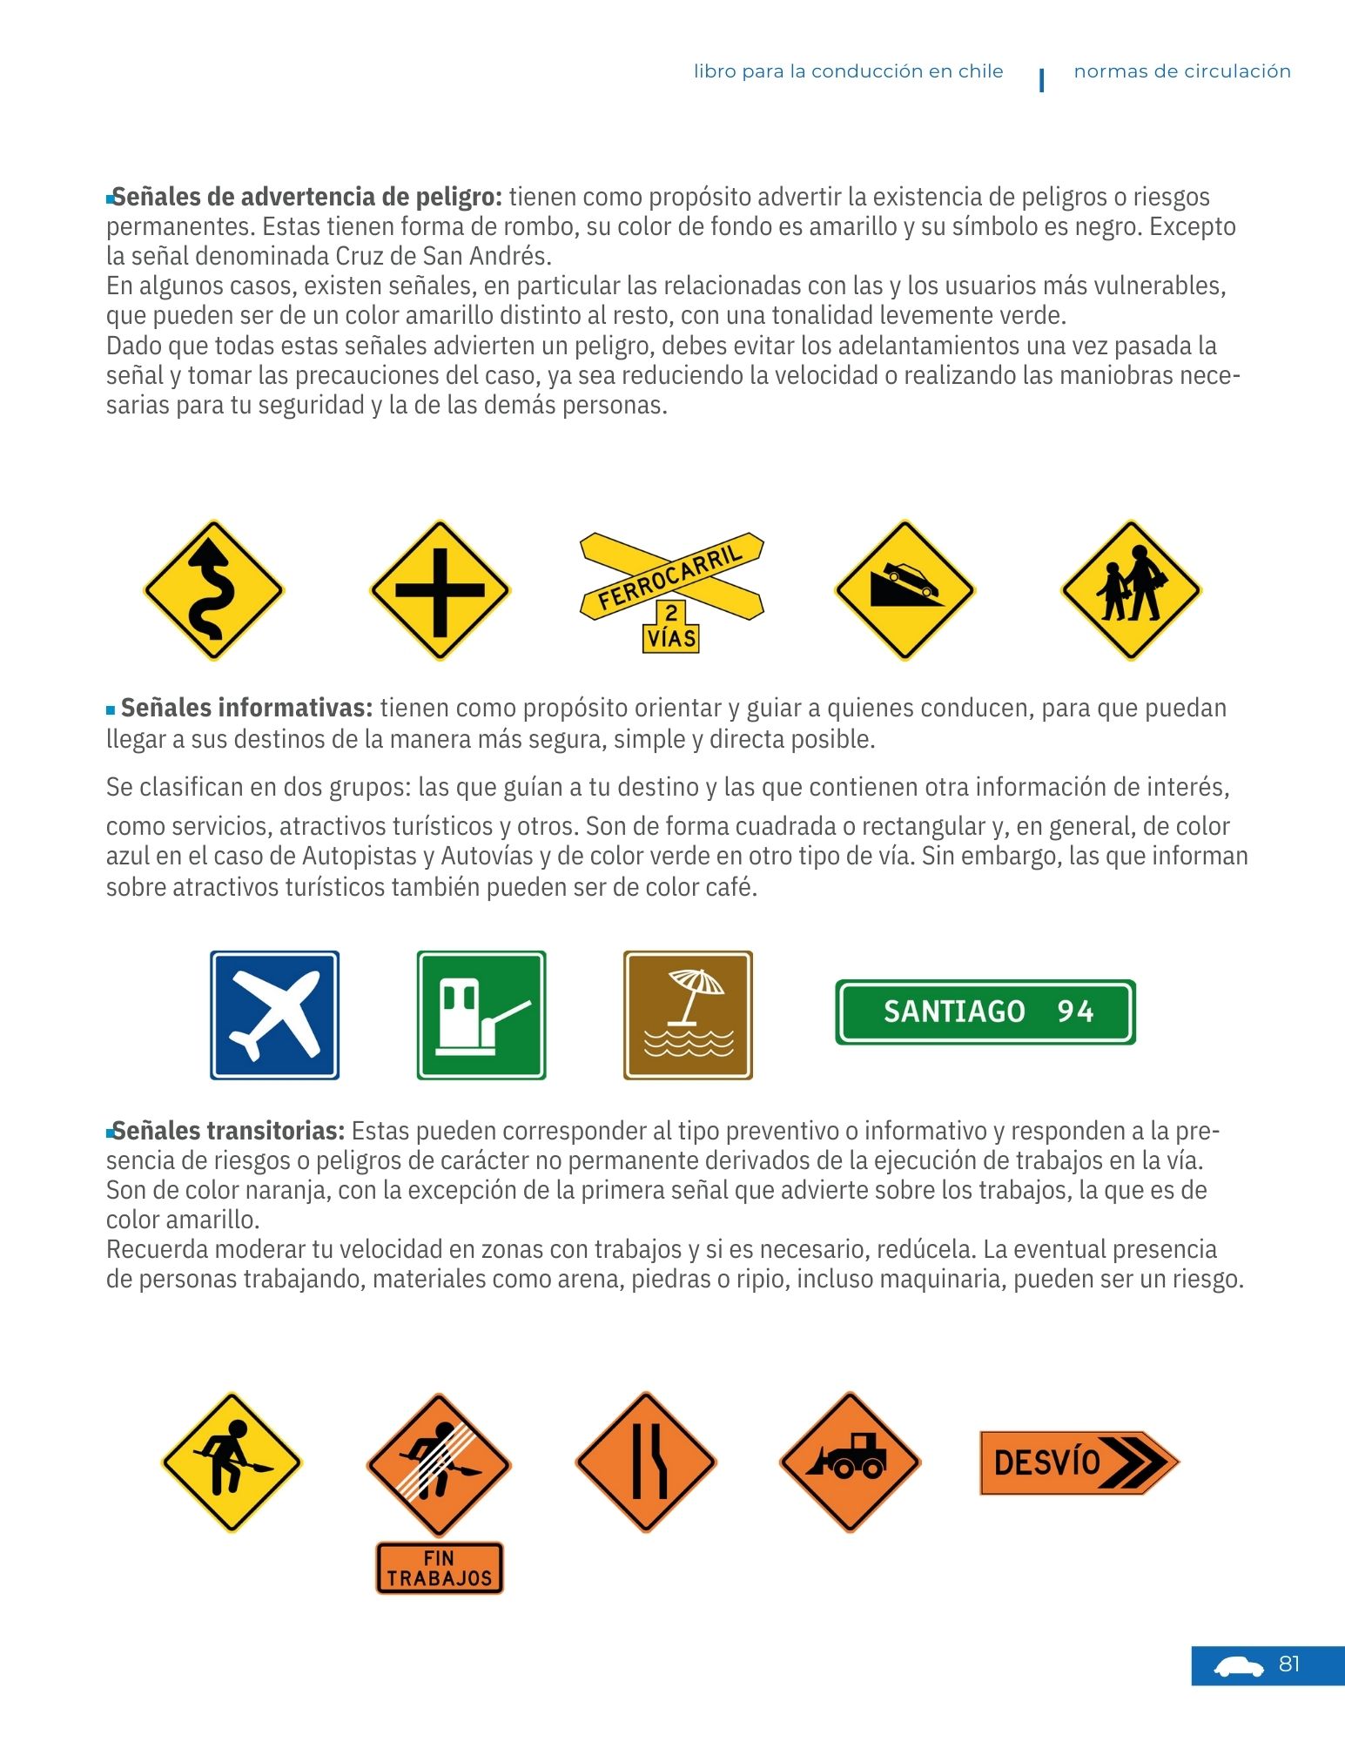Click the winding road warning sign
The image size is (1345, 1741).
(x=213, y=590)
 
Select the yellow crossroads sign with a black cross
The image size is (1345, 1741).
(x=440, y=590)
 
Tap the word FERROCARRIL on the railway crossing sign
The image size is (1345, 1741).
(x=669, y=575)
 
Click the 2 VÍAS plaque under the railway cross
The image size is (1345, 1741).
(x=671, y=627)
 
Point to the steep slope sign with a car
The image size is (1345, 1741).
(x=905, y=590)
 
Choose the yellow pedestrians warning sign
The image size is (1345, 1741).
(x=1131, y=590)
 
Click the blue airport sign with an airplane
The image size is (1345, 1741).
(x=274, y=1015)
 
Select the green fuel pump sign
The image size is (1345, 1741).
(x=481, y=1015)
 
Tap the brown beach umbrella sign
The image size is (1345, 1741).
(x=688, y=1015)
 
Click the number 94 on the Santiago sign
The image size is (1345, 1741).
(x=1075, y=1012)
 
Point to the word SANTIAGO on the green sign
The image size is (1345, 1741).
(x=954, y=1012)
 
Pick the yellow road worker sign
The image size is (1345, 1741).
(x=232, y=1462)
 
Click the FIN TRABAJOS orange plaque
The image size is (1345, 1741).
(x=440, y=1568)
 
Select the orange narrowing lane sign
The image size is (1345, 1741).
(x=646, y=1462)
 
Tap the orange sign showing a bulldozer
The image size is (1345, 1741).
(x=850, y=1462)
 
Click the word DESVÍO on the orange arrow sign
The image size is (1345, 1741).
(x=1047, y=1462)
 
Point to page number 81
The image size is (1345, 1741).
(x=1289, y=1664)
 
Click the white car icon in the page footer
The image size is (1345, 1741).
(x=1239, y=1667)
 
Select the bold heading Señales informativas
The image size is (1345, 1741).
(x=246, y=708)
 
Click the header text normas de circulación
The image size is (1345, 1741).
(x=1181, y=71)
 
